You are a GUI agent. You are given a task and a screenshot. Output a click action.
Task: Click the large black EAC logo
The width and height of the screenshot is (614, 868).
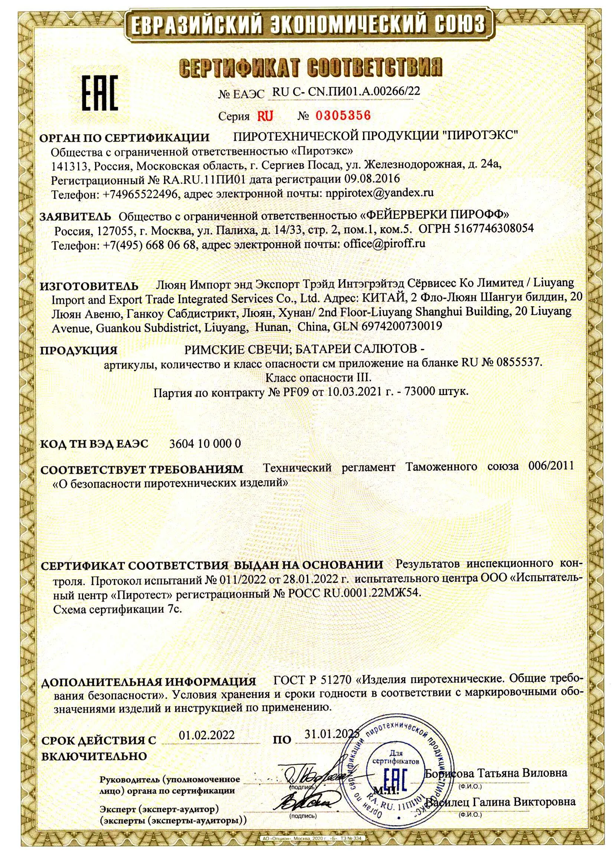[100, 92]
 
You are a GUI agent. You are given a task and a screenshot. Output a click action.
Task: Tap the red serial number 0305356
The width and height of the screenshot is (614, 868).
[343, 115]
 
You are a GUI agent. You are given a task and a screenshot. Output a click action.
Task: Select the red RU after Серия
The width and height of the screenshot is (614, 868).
[265, 116]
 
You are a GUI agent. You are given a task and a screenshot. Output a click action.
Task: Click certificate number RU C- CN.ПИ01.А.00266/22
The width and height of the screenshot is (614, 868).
[346, 91]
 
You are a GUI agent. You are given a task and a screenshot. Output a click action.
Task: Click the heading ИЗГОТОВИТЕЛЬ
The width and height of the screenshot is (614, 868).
[89, 286]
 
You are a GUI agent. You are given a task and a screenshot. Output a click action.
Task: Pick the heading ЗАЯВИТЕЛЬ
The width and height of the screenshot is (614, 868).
[76, 216]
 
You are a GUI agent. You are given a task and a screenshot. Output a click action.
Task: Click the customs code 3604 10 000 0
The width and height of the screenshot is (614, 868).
[205, 443]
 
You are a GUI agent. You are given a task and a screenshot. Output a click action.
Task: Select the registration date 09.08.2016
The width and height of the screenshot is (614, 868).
[372, 178]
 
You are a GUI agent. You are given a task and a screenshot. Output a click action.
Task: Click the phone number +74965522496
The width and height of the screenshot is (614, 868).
[140, 194]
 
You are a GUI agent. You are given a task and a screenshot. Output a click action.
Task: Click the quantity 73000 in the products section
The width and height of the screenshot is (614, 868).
[420, 392]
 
